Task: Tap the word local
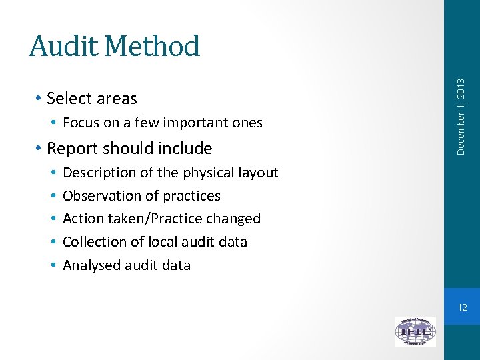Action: click(164, 242)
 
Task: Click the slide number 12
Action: click(462, 307)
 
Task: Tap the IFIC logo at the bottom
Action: click(415, 331)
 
